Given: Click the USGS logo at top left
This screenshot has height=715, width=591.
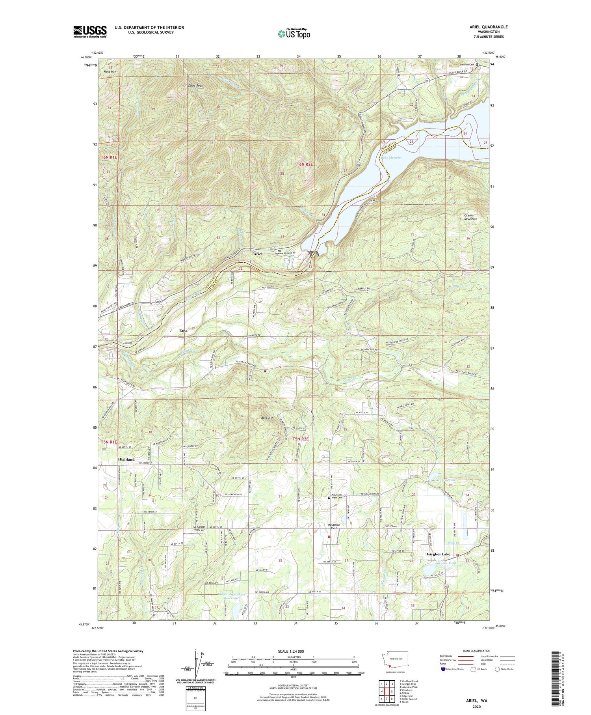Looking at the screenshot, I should pyautogui.click(x=90, y=32).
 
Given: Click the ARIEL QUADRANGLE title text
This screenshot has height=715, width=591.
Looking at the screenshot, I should pyautogui.click(x=486, y=27).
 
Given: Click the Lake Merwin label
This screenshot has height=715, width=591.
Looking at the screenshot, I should pyautogui.click(x=391, y=158).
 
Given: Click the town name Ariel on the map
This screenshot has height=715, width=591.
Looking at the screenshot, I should pyautogui.click(x=258, y=254).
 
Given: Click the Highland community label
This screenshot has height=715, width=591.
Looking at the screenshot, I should pyautogui.click(x=126, y=459).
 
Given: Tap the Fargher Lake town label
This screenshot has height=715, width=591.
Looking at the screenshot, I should pyautogui.click(x=439, y=554).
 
